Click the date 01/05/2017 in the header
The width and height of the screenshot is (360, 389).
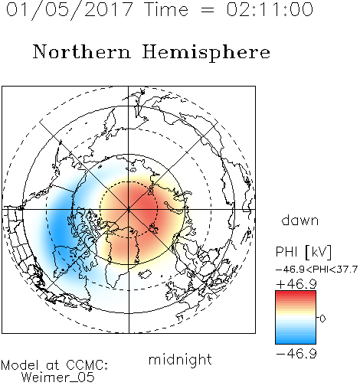[x=70, y=10]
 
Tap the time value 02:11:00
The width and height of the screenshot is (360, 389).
[x=270, y=9]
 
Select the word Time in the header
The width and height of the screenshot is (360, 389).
[x=166, y=9]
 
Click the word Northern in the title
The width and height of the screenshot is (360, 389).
[x=82, y=51]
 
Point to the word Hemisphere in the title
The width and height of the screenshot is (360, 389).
[x=206, y=53]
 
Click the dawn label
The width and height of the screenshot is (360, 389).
[x=300, y=220]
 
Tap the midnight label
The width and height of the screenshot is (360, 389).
[x=180, y=359]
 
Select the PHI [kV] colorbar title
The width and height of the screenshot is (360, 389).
[x=303, y=252]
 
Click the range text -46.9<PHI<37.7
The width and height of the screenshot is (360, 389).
[x=316, y=270]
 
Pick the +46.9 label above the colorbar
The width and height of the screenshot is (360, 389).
[x=296, y=284]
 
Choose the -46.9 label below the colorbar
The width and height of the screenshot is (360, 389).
[x=296, y=354]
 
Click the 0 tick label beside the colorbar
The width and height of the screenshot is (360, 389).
[x=322, y=319]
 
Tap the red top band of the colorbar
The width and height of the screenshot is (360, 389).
[x=296, y=293]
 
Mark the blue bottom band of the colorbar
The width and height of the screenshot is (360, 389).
[x=296, y=341]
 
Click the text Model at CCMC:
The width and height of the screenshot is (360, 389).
[x=54, y=365]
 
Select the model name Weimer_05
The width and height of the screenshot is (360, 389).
[x=58, y=378]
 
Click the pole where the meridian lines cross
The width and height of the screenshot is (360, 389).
[x=129, y=209]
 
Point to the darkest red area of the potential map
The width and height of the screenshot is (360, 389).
[x=146, y=204]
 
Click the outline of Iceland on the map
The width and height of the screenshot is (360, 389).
[x=146, y=274]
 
